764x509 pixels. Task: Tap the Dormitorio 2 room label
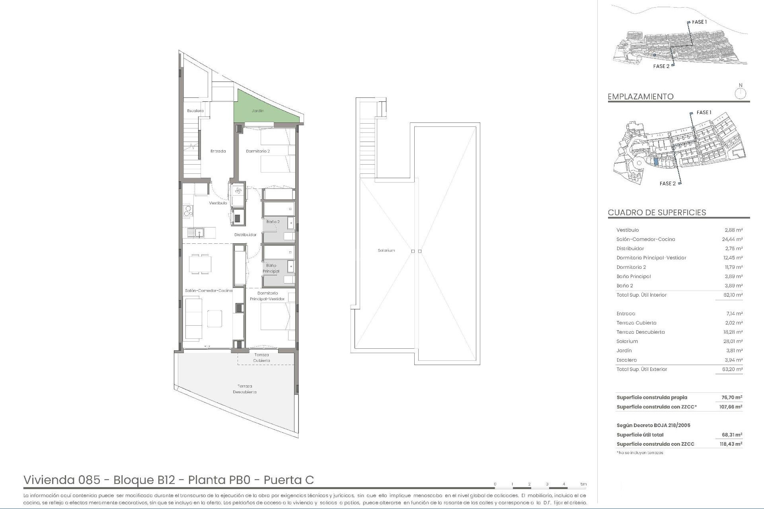tap(258, 151)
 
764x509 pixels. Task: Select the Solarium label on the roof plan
tap(386, 251)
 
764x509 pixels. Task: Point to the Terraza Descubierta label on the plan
tap(245, 389)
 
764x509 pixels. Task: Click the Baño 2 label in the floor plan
tap(273, 221)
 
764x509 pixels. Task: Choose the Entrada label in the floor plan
tap(218, 151)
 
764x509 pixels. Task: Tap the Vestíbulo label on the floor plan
tap(218, 203)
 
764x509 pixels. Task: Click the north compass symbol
tap(740, 94)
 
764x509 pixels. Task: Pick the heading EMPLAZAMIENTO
tap(640, 97)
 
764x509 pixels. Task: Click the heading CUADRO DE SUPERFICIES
tap(657, 212)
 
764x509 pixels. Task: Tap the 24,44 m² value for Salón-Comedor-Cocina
tap(732, 239)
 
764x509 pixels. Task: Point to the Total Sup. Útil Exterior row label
tap(641, 369)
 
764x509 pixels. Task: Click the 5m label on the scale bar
tap(583, 484)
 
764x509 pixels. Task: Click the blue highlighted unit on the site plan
tap(656, 162)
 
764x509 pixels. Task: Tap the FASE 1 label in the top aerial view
tap(699, 22)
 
